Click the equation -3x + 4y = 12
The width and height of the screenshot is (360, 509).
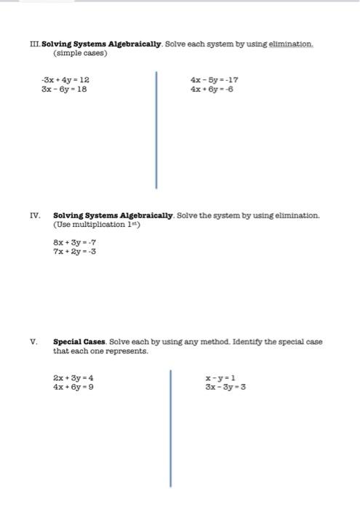[x=65, y=79]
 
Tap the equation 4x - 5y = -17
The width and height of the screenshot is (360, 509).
[x=215, y=79]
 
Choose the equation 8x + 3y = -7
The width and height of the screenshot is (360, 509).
[x=75, y=242]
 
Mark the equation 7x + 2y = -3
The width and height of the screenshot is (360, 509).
[x=75, y=252]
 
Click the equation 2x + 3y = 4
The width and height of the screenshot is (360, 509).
[x=73, y=378]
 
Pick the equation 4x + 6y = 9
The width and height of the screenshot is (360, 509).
[x=73, y=388]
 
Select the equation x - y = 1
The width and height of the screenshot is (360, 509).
[x=220, y=378]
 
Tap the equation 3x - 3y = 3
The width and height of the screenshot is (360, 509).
[x=225, y=388]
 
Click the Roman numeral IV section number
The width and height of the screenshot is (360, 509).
[x=34, y=216]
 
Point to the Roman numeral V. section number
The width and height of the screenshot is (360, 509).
[x=33, y=342]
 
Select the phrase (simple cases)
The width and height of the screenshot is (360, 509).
[x=80, y=54]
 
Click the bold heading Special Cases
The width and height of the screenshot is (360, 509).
[x=79, y=342]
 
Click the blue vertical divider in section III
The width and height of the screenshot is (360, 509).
[x=156, y=129]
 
